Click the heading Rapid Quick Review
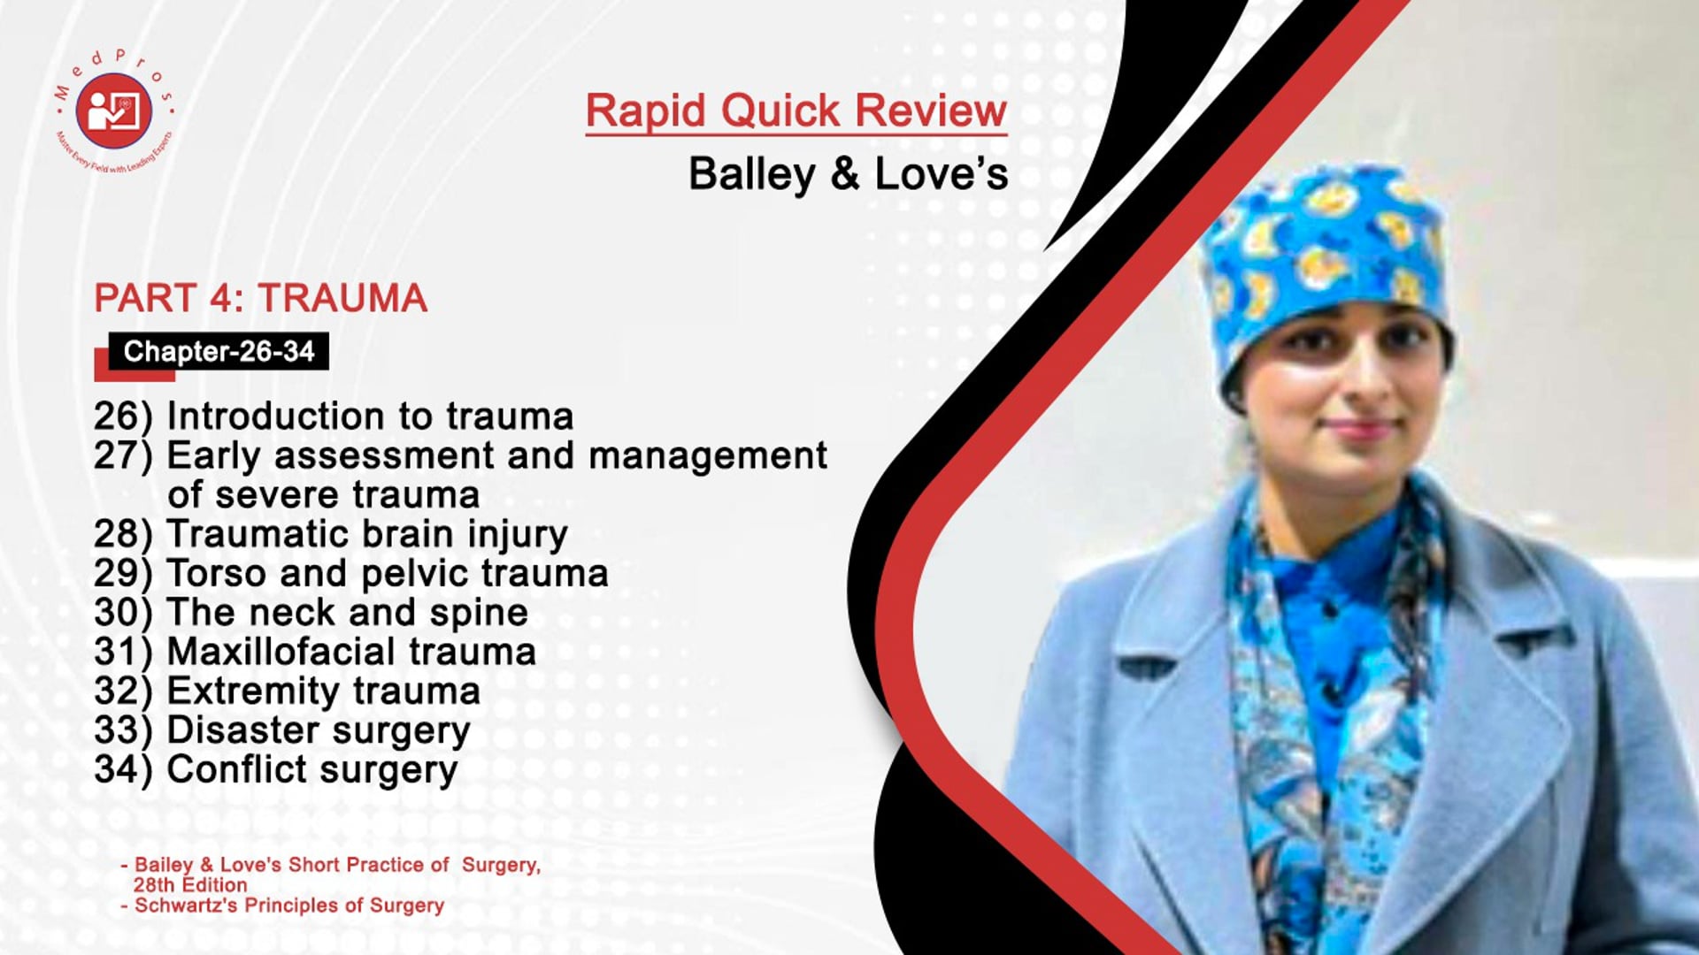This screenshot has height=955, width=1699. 796,111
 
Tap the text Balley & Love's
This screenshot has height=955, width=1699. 848,173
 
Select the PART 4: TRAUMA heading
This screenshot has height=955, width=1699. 261,298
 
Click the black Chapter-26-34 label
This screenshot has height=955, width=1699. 219,351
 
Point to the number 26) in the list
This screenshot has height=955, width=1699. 123,416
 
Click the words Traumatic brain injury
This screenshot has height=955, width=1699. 367,534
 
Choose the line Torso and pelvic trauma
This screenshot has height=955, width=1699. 388,573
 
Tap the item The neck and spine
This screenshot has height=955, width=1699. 347,612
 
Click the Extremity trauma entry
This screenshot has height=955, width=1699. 323,691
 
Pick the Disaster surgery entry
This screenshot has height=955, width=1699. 319,730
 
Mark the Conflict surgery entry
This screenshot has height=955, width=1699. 311,769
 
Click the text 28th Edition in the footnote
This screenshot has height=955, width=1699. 190,885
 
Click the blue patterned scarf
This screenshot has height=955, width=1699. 1327,707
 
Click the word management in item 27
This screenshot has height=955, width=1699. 708,456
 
